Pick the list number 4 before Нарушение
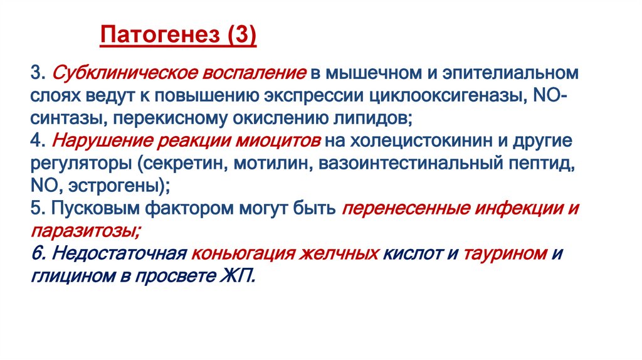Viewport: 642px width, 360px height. point(34,142)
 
